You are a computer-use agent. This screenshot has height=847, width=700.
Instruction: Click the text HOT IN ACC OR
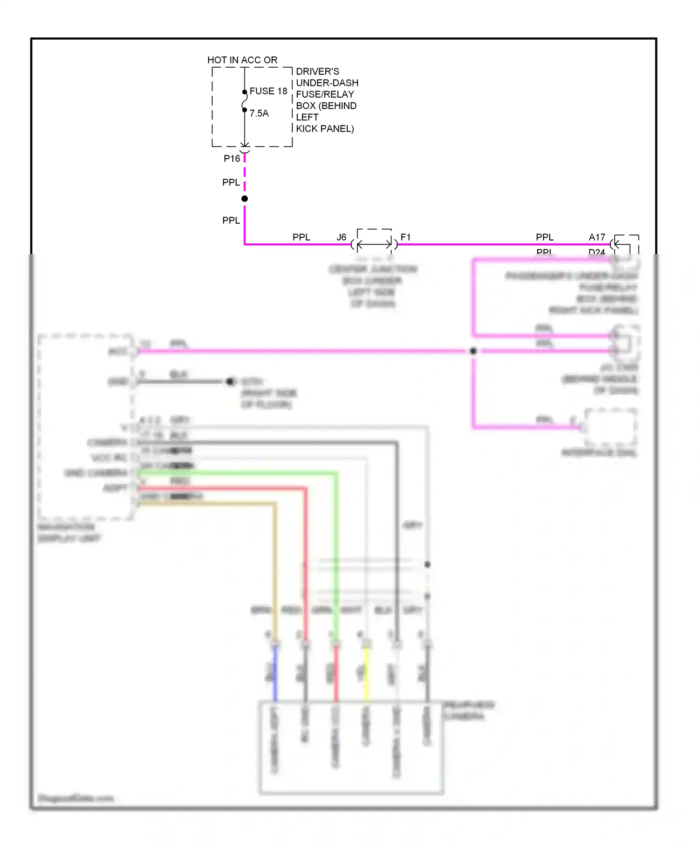click(x=242, y=60)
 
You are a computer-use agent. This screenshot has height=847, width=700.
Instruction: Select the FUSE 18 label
click(x=268, y=91)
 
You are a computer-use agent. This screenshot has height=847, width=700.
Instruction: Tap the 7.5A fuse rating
click(x=259, y=113)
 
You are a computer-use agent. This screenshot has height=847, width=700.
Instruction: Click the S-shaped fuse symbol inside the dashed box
click(x=244, y=101)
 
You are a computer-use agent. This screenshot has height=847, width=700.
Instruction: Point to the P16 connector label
click(x=232, y=159)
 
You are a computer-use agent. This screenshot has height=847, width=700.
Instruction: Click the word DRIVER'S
click(x=317, y=71)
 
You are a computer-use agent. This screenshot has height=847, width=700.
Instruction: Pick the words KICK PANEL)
click(x=325, y=129)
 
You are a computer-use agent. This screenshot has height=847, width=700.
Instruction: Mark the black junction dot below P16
click(x=245, y=199)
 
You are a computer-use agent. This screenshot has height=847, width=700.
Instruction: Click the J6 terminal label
click(x=342, y=237)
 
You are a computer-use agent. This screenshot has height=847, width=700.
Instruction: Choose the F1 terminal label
click(x=406, y=237)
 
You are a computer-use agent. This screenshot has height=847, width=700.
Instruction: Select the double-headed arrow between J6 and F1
click(x=374, y=244)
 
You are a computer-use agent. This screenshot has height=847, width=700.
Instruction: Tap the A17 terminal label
click(x=597, y=237)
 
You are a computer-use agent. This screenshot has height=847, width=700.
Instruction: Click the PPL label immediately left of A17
click(x=545, y=237)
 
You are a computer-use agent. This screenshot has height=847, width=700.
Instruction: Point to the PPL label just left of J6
click(x=301, y=237)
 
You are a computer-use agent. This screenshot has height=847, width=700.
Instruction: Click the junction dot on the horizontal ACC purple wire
click(x=473, y=351)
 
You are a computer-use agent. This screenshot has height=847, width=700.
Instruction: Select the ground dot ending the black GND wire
click(x=230, y=381)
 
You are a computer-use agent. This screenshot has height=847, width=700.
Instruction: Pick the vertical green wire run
click(x=336, y=556)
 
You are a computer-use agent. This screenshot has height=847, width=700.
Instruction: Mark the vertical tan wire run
click(x=275, y=570)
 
